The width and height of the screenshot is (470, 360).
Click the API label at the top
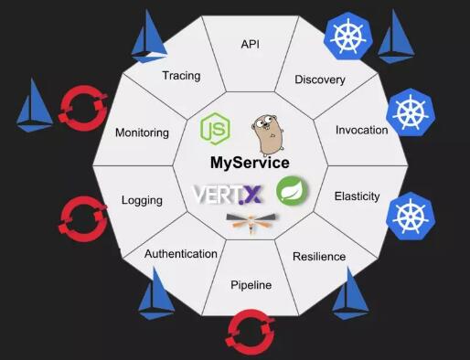[250, 44]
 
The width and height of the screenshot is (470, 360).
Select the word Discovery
[319, 79]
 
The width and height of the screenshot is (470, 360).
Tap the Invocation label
[361, 130]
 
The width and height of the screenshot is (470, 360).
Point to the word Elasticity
[357, 196]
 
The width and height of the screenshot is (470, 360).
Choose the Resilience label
[319, 257]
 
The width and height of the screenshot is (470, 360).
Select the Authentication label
[181, 254]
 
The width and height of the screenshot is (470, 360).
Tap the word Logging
[142, 200]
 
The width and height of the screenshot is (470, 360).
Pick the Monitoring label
[142, 132]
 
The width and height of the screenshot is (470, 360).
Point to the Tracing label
[181, 75]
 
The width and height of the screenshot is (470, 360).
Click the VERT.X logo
[230, 195]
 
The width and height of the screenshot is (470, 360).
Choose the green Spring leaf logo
[293, 190]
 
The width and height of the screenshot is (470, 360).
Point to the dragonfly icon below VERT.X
[249, 223]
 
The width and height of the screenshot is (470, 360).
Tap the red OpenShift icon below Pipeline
[250, 331]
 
